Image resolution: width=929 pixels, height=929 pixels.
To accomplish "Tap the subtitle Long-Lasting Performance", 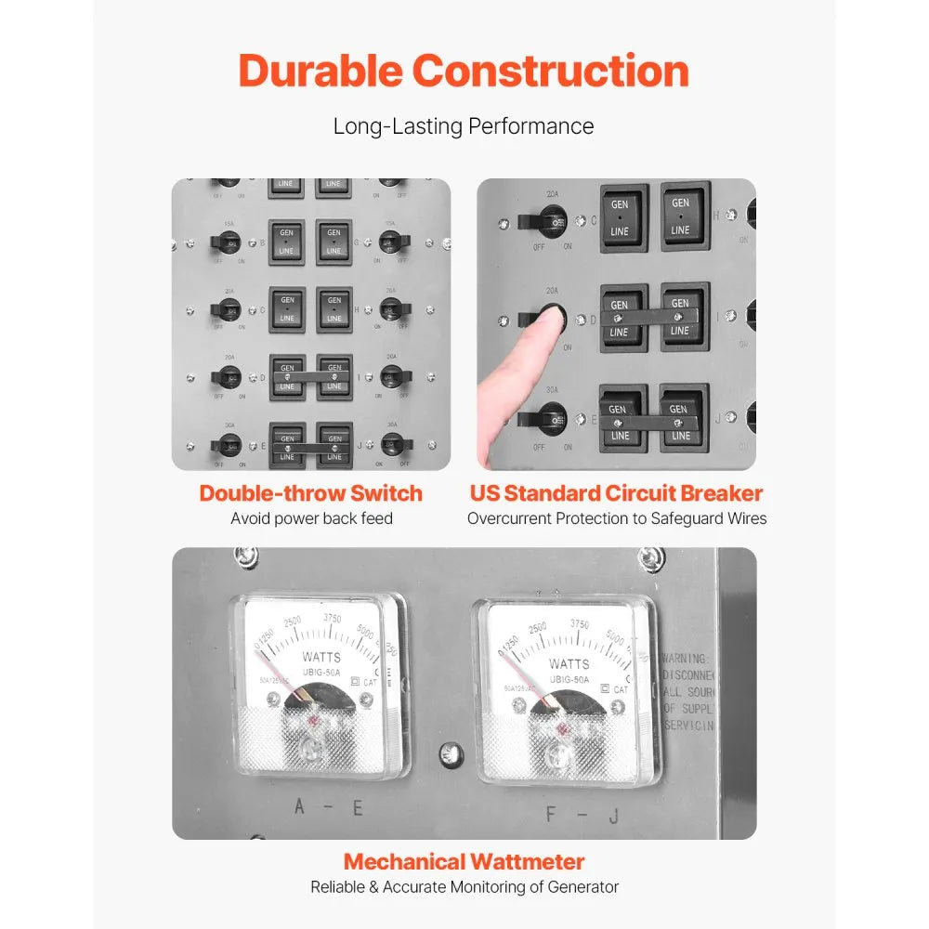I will [x=464, y=126].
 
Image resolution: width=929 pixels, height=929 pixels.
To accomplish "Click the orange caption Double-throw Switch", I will [x=310, y=493].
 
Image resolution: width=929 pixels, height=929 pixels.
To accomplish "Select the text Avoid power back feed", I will [x=311, y=518].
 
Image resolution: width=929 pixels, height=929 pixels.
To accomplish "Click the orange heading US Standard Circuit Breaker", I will [x=616, y=493].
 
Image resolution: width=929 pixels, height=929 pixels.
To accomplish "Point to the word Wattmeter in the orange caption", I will [x=528, y=861].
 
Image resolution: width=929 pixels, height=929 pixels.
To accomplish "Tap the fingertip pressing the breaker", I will [x=552, y=318].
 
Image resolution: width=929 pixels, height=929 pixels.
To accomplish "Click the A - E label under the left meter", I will [x=327, y=806].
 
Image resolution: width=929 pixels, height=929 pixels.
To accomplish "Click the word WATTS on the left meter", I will [x=321, y=658].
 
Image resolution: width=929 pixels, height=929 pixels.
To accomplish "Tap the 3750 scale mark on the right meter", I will [x=579, y=625].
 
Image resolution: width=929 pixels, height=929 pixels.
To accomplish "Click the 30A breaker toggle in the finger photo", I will [x=552, y=419].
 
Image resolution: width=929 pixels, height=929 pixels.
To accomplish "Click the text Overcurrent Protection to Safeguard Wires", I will [x=617, y=518].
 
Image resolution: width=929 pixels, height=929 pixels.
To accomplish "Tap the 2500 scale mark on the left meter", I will [x=293, y=622].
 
